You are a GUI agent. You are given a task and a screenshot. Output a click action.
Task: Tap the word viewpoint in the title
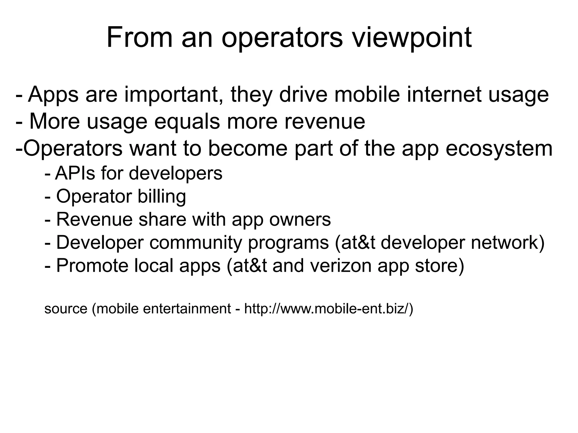click(412, 38)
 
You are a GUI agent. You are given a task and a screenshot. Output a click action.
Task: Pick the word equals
click(187, 122)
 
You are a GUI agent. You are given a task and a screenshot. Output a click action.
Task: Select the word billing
click(162, 197)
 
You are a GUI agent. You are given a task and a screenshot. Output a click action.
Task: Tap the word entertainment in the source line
click(187, 309)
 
